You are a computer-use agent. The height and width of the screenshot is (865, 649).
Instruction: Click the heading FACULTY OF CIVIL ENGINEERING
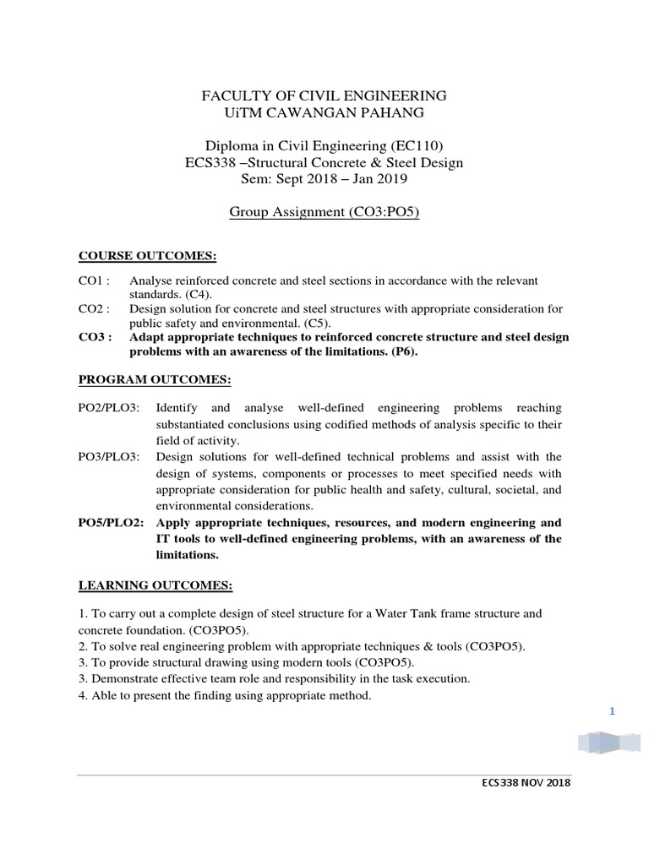tap(324, 95)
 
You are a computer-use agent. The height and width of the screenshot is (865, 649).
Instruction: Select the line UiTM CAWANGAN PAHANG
tap(324, 113)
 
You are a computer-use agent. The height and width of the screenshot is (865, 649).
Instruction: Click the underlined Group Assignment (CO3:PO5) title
tap(324, 213)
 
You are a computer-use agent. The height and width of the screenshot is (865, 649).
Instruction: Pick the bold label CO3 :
tap(94, 337)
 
